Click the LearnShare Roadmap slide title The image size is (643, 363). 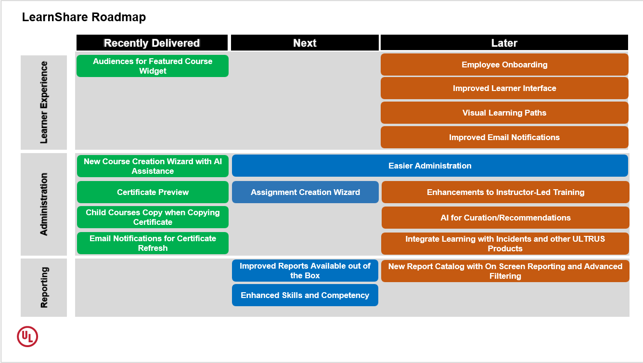coord(84,18)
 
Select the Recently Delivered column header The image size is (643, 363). coord(152,43)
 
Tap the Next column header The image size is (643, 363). coord(305,43)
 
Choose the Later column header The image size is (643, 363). coord(504,43)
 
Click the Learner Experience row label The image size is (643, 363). coord(44,102)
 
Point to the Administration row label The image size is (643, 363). coord(44,204)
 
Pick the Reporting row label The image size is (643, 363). coord(44,287)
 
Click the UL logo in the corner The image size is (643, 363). coord(27,337)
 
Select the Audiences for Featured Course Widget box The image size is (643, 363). coord(153,66)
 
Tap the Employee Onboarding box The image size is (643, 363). coord(504,65)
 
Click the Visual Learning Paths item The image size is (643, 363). coord(504,113)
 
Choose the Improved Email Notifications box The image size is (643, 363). coord(504,137)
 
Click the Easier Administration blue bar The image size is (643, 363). coord(430,166)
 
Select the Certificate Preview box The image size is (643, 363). coord(153,192)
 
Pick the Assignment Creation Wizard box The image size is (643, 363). coord(305,192)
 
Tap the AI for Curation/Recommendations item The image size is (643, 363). coord(505,218)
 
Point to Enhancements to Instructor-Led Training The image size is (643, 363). coord(505,192)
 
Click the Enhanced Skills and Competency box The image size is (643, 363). coord(305,295)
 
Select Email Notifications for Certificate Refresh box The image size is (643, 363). coord(153,243)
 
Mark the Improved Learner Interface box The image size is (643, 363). coord(504,88)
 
